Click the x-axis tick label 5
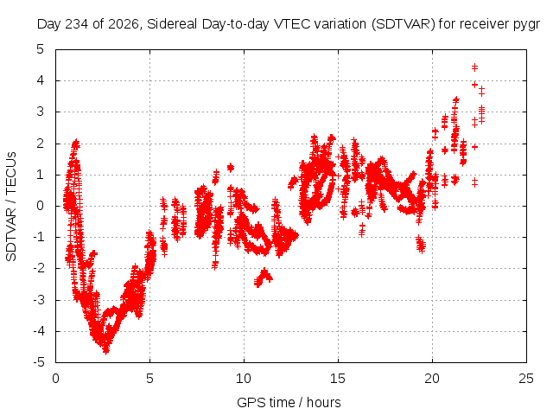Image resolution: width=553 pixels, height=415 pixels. click(x=149, y=379)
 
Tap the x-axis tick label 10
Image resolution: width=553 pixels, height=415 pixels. click(x=244, y=379)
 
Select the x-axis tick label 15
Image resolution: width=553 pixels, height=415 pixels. click(x=338, y=379)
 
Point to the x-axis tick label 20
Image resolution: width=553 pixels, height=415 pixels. click(x=432, y=379)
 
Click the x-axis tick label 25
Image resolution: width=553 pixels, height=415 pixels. click(x=526, y=379)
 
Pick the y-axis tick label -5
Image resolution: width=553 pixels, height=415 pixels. click(x=39, y=362)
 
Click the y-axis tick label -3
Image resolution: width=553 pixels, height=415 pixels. click(x=39, y=300)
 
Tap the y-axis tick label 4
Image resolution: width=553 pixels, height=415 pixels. click(x=41, y=80)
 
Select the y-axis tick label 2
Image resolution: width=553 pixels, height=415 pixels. click(x=41, y=144)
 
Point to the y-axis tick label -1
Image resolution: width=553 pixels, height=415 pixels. click(x=39, y=237)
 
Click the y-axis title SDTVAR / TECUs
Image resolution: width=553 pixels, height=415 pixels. click(x=11, y=207)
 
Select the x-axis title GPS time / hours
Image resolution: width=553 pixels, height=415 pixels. click(x=289, y=403)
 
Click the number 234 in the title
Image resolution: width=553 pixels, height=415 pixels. click(x=77, y=24)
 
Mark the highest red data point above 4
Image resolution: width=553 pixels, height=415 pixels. click(x=474, y=67)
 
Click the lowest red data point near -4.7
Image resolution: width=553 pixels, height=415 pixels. click(x=106, y=350)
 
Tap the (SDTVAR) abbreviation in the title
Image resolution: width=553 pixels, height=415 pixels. click(x=404, y=24)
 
